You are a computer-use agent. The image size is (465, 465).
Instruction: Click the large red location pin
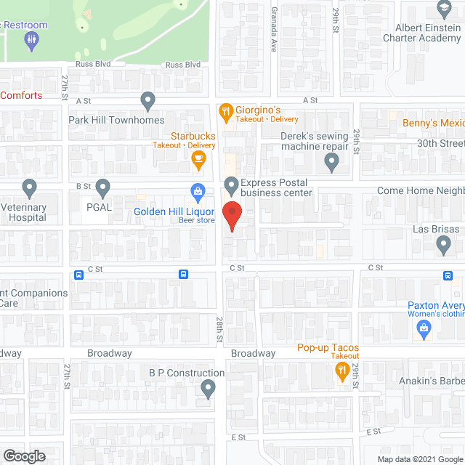[x=232, y=217]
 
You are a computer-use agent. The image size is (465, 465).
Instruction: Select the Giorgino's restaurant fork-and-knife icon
[x=226, y=111]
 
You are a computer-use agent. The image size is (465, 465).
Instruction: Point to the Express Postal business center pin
[x=232, y=186]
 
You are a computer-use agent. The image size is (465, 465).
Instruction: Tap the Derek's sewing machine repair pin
[x=332, y=164]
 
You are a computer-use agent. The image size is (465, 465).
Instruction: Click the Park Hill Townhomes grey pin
[x=148, y=100]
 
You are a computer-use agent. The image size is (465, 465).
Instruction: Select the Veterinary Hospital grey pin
[x=29, y=188]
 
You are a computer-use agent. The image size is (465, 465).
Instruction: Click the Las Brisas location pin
[x=444, y=247]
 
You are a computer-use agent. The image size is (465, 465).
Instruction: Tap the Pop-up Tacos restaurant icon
[x=341, y=371]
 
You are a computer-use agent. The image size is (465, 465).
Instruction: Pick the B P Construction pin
[x=209, y=390]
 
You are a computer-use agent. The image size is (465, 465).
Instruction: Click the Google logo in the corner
[x=23, y=456]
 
